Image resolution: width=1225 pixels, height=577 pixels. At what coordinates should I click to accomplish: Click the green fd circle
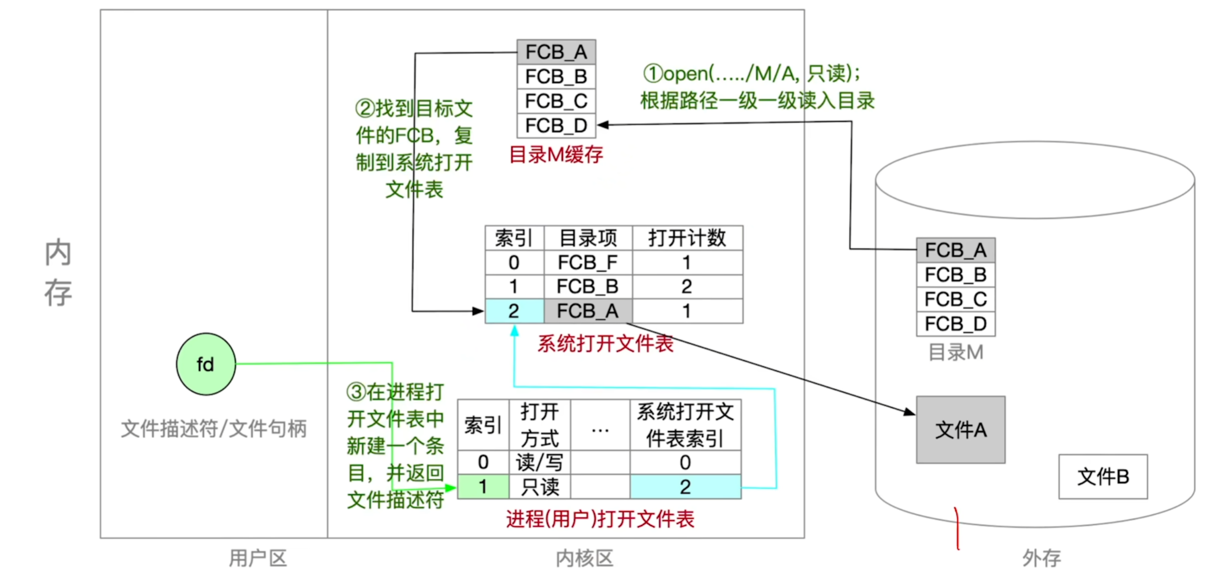(206, 364)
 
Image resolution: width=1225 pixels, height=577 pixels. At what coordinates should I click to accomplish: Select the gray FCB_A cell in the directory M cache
(556, 52)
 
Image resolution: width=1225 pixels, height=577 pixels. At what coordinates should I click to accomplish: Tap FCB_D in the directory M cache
(556, 126)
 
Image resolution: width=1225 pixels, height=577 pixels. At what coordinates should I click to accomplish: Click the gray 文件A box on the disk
(960, 430)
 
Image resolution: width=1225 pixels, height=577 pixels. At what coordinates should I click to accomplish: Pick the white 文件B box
(1102, 476)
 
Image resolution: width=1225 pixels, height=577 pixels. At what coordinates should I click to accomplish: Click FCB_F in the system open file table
(587, 262)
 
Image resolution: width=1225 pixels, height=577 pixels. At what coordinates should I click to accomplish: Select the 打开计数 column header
(687, 238)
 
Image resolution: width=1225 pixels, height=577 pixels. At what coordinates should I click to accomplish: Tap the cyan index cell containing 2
(514, 311)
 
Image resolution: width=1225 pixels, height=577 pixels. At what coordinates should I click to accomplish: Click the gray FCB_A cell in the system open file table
(587, 311)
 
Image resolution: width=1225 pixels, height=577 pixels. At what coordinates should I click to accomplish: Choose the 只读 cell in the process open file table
(540, 487)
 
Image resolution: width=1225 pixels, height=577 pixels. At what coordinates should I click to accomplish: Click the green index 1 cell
(483, 487)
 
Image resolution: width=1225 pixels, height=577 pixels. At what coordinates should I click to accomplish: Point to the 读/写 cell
(540, 462)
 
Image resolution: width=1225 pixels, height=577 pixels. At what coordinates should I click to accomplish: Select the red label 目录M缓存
(556, 154)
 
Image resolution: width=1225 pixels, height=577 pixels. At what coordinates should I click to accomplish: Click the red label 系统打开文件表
(605, 343)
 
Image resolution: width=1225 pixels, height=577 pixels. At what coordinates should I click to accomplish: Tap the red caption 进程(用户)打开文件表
(600, 519)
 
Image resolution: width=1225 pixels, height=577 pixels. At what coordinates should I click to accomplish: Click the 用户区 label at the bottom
(258, 558)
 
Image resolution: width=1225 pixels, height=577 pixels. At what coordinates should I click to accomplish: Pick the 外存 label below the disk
(1041, 558)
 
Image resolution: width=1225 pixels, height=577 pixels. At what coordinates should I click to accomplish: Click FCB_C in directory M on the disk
(955, 299)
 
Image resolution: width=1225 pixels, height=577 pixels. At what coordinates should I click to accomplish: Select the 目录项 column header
(588, 238)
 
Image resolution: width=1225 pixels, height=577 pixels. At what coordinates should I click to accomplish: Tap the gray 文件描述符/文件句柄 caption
(214, 429)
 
